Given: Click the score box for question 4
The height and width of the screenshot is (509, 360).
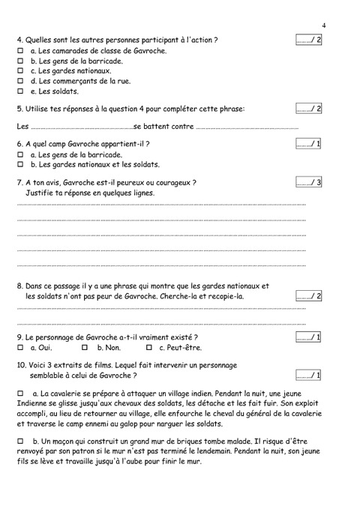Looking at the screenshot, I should [308, 39].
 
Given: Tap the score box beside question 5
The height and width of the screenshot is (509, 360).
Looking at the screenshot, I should [308, 109].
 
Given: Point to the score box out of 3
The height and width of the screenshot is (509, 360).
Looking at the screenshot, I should [308, 182].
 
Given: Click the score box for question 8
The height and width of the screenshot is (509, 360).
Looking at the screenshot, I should [308, 296].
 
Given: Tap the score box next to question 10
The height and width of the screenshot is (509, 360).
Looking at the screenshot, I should [308, 375].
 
